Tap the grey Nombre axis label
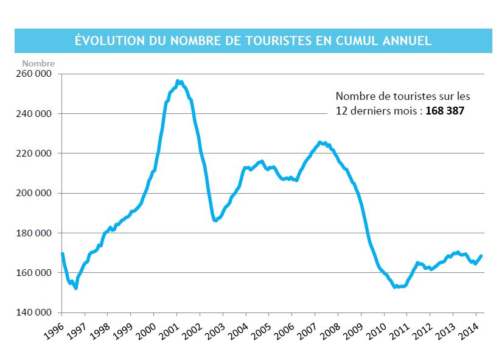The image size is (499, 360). coord(38,63)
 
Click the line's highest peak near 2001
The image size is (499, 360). coord(178,80)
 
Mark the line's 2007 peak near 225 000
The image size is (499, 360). coord(320,143)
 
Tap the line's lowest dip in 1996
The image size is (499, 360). coord(76,288)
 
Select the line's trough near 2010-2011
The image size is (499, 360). coord(396,286)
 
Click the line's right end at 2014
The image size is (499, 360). coord(482,256)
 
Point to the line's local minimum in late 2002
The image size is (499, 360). coord(215,220)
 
